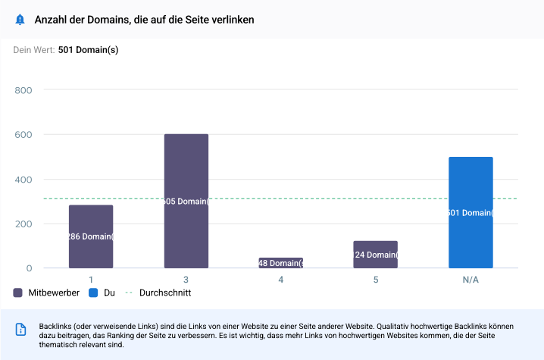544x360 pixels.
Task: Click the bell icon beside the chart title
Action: point(20,20)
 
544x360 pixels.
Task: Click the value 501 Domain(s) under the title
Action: point(88,50)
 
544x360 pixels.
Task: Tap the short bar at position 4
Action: point(280,263)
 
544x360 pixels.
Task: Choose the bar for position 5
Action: point(375,255)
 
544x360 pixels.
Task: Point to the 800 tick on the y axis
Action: point(23,91)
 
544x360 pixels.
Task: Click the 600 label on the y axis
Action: point(23,135)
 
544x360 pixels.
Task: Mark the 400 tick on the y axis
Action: point(23,180)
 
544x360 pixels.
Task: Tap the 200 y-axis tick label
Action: point(23,224)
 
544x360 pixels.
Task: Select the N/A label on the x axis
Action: point(471,280)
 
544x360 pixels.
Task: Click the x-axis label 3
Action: point(186,280)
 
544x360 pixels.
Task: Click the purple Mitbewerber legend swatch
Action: point(18,293)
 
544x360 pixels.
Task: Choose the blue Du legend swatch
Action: point(93,293)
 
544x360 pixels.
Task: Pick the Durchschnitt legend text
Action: point(165,293)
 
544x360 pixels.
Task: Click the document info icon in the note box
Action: point(21,329)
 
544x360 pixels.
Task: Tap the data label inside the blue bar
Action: point(471,214)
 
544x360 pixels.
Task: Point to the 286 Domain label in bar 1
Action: point(91,236)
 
